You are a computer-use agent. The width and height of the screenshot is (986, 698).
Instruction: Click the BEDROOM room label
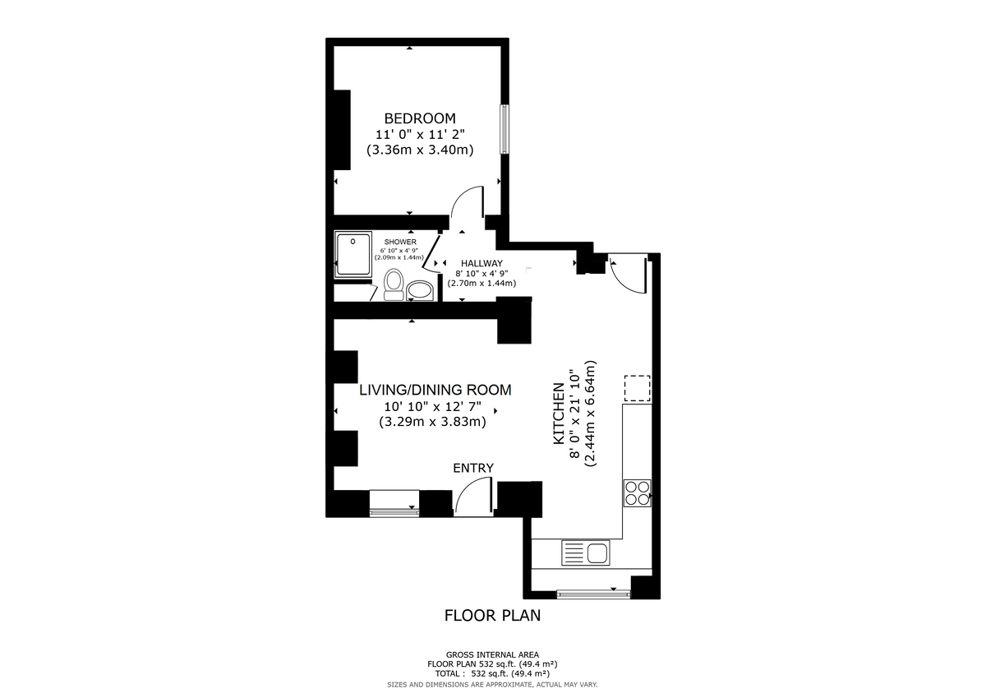[x=420, y=118]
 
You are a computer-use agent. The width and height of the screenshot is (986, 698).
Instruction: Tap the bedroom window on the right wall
[x=505, y=129]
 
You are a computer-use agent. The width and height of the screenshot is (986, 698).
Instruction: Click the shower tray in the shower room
[x=353, y=255]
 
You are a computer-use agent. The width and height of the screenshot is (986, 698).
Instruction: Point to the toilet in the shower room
[x=394, y=284]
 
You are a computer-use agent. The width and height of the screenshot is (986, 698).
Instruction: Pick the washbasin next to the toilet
[x=420, y=291]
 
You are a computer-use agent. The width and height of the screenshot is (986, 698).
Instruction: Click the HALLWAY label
[x=481, y=263]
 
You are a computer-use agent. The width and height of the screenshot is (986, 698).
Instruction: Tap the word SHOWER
[x=400, y=242]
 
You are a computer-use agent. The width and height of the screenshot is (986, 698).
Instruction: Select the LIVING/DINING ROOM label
[x=435, y=390]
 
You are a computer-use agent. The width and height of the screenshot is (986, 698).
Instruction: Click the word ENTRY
[x=473, y=468]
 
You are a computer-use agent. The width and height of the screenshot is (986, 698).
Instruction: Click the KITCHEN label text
[x=559, y=414]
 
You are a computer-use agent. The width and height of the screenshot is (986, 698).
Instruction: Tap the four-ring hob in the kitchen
[x=638, y=492]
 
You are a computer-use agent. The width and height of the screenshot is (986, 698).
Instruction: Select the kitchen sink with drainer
[x=586, y=552]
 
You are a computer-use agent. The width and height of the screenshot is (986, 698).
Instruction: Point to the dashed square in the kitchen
[x=638, y=388]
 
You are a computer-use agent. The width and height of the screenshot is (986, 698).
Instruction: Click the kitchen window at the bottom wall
[x=593, y=594]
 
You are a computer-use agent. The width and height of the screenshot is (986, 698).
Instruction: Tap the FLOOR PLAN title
[x=492, y=616]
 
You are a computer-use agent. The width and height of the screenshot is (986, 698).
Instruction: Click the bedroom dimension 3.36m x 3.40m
[x=420, y=150]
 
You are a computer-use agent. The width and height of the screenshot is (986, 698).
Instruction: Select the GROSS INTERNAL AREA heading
[x=492, y=655]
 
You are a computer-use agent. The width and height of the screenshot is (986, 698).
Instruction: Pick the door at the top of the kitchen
[x=628, y=276]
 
